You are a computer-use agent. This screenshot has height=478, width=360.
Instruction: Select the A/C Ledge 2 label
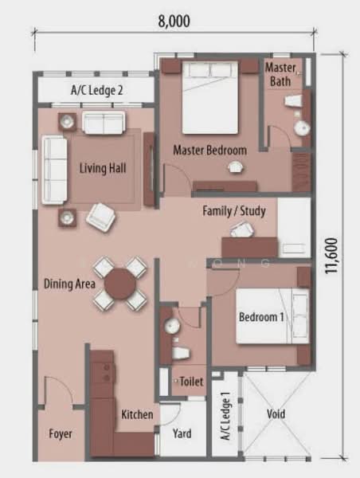(96, 91)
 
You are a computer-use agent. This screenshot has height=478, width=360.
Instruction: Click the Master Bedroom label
(209, 149)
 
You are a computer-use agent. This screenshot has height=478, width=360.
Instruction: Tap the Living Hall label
(103, 168)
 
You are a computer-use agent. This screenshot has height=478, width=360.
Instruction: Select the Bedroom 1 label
(261, 318)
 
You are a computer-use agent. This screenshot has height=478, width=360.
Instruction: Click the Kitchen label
(137, 415)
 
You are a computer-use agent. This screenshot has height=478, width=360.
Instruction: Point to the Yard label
(182, 433)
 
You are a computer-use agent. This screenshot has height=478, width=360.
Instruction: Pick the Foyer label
(60, 434)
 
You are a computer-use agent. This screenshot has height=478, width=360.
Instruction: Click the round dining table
(121, 284)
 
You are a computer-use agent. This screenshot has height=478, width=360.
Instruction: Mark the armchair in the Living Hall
(102, 217)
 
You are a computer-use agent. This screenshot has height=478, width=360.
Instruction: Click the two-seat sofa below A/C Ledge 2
(104, 123)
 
